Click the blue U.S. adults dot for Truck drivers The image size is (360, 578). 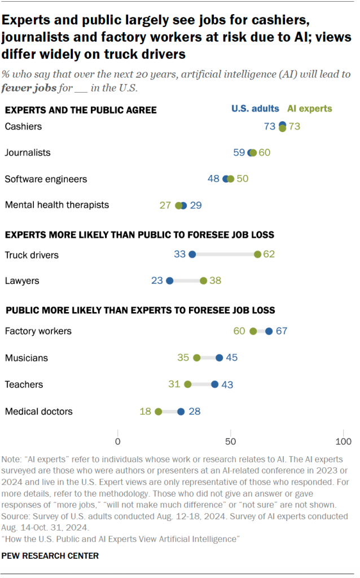192,255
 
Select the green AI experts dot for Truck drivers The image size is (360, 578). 257,255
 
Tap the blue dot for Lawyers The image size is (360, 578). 169,281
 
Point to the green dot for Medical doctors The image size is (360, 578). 159,411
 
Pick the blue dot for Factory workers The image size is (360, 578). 269,331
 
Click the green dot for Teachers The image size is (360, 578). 188,385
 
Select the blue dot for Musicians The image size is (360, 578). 219,358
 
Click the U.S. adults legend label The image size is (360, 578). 255,109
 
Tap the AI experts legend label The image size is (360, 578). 310,109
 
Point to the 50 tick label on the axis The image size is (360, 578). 230,441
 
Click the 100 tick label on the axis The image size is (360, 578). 344,441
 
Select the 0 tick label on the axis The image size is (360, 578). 117,441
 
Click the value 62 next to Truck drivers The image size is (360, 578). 269,255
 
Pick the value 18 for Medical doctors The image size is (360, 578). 146,411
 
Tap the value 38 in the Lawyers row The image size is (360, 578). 216,281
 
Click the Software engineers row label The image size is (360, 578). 46,179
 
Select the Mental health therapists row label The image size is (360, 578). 57,205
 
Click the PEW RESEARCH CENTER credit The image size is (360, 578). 50,556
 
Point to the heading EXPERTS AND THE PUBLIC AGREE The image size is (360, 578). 81,110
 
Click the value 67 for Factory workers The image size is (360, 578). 282,331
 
